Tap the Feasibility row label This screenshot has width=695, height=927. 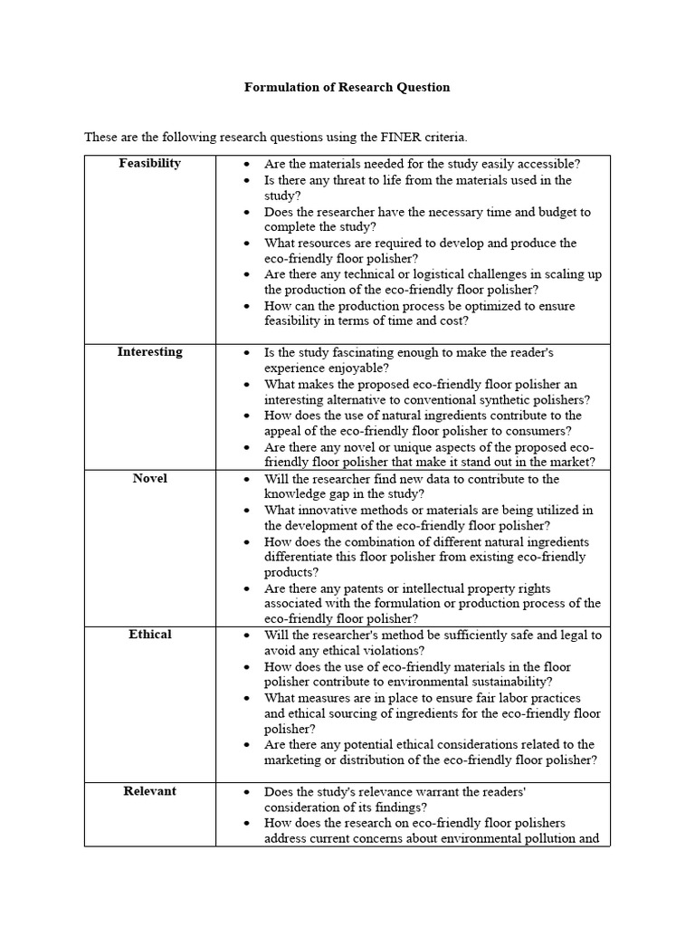tap(149, 163)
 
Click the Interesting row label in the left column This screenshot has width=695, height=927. tap(149, 352)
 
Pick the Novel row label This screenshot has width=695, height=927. tap(149, 478)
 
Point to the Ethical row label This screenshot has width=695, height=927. tap(149, 635)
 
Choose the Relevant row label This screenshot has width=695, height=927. tap(149, 791)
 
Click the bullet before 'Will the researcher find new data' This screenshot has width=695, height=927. tap(247, 479)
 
